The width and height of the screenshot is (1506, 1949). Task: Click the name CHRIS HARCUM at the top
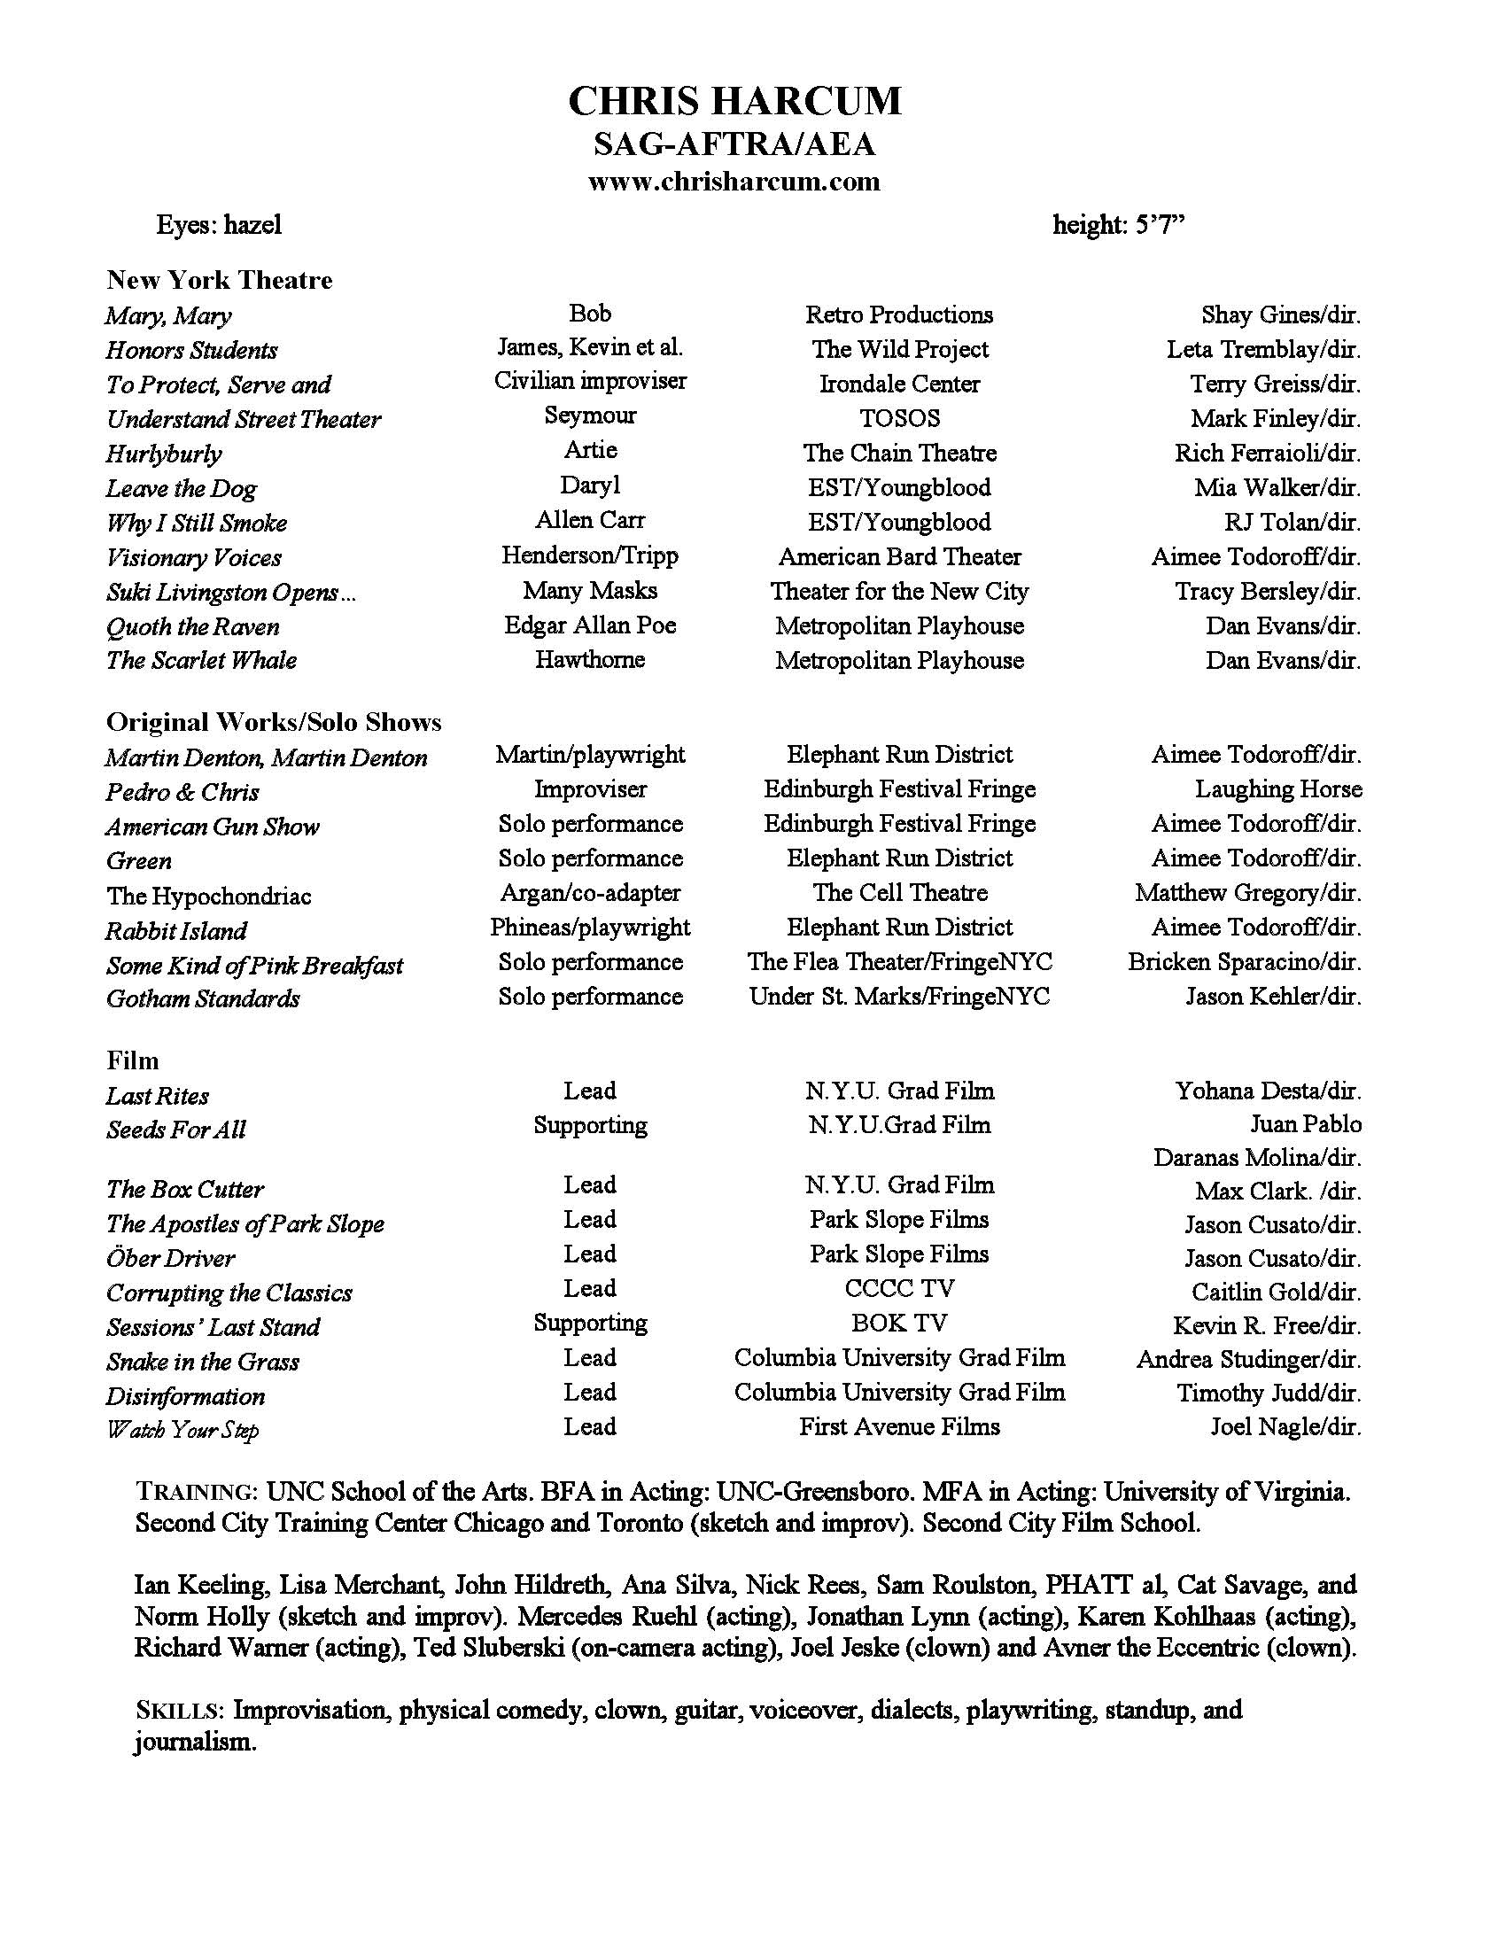click(x=734, y=102)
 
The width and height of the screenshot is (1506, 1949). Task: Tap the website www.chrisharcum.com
click(x=734, y=182)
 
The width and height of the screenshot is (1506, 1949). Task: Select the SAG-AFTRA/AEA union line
click(x=734, y=144)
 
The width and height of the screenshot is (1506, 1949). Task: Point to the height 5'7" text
click(x=1119, y=224)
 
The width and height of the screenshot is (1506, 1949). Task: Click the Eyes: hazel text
click(x=219, y=224)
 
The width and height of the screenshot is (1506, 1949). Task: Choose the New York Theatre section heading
click(x=220, y=280)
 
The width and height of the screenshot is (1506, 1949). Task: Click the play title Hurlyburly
click(x=163, y=454)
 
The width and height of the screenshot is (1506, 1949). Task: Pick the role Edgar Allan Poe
click(x=590, y=625)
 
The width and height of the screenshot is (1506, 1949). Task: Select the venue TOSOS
click(x=899, y=417)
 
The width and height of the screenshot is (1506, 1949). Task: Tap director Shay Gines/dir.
click(x=1280, y=314)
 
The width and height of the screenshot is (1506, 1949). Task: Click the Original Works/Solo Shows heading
click(x=274, y=722)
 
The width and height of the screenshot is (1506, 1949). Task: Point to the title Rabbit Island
click(x=175, y=931)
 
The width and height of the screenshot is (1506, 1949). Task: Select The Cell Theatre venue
click(x=899, y=892)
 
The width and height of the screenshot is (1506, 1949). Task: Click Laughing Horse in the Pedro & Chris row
click(x=1277, y=788)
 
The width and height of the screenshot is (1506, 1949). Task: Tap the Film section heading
click(x=133, y=1060)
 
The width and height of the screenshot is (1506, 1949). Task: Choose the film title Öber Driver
click(x=170, y=1258)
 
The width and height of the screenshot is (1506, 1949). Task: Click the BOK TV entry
click(x=899, y=1323)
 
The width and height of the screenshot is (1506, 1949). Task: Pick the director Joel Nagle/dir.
click(x=1285, y=1426)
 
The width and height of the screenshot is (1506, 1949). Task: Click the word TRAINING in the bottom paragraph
click(x=197, y=1492)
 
